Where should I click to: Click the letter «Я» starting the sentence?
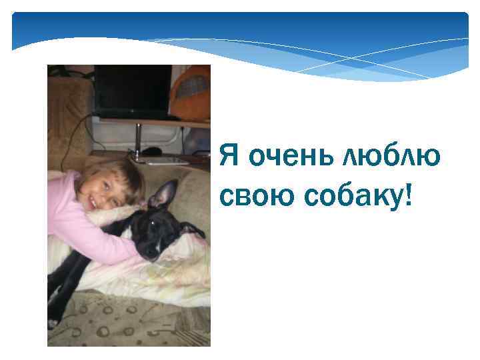click(229, 157)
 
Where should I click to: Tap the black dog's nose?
click(153, 254)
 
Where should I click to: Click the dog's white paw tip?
click(52, 323)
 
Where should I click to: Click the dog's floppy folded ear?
click(193, 230)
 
